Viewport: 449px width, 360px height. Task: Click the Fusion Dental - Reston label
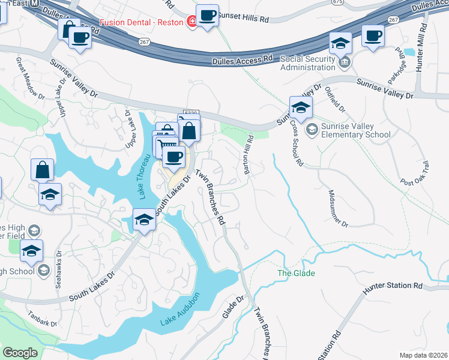pyautogui.click(x=146, y=23)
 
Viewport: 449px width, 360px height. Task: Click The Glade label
pyautogui.click(x=296, y=273)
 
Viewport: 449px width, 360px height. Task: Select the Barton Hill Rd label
pyautogui.click(x=249, y=155)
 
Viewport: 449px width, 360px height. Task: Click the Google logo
pyautogui.click(x=20, y=353)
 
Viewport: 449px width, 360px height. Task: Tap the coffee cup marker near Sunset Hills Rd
pyautogui.click(x=207, y=16)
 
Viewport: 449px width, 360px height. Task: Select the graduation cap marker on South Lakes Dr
pyautogui.click(x=144, y=220)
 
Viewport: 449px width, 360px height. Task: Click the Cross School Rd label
pyautogui.click(x=297, y=142)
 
